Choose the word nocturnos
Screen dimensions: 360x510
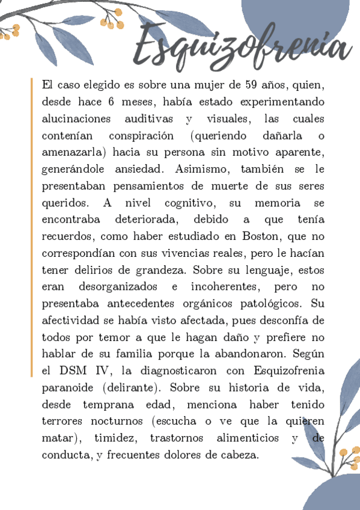tap(116, 421)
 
